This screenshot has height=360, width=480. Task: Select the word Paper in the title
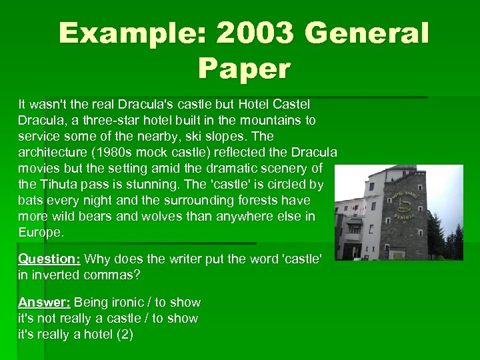(244, 67)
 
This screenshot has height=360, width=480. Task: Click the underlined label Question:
(49, 259)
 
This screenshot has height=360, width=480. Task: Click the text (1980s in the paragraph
(112, 152)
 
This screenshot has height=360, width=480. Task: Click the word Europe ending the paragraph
(41, 232)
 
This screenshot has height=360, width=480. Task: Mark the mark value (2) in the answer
(124, 335)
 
